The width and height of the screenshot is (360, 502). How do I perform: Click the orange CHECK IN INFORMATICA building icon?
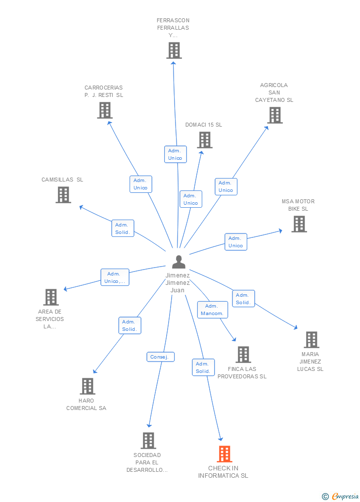pyautogui.click(x=225, y=454)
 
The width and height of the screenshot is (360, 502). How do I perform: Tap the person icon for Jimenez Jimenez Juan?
pyautogui.click(x=179, y=262)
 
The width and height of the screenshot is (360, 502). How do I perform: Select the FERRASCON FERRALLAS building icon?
pyautogui.click(x=174, y=50)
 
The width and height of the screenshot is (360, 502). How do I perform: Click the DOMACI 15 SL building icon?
pyautogui.click(x=205, y=140)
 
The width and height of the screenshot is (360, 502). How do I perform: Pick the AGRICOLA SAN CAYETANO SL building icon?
pyautogui.click(x=274, y=115)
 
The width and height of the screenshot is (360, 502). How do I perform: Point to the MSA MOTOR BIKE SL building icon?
pyautogui.click(x=299, y=224)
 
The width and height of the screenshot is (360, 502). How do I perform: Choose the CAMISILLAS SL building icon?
pyautogui.click(x=63, y=195)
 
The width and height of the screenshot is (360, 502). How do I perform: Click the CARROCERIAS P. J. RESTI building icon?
pyautogui.click(x=104, y=110)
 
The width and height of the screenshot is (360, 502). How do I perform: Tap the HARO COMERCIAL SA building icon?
pyautogui.click(x=87, y=386)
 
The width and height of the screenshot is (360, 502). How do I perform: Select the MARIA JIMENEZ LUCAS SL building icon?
pyautogui.click(x=311, y=340)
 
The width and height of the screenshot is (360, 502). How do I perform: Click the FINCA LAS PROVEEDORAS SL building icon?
pyautogui.click(x=243, y=355)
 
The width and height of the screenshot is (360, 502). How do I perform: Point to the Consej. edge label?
pyautogui.click(x=160, y=357)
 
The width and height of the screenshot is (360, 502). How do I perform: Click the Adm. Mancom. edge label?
pyautogui.click(x=212, y=310)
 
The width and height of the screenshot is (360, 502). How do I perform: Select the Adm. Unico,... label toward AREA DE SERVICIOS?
pyautogui.click(x=115, y=277)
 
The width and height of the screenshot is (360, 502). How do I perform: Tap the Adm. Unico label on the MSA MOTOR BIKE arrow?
pyautogui.click(x=236, y=242)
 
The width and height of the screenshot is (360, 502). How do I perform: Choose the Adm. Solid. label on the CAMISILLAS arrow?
pyautogui.click(x=123, y=228)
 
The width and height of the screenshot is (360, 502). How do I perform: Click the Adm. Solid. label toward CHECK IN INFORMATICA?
pyautogui.click(x=203, y=367)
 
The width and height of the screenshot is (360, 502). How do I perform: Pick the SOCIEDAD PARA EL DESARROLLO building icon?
pyautogui.click(x=148, y=441)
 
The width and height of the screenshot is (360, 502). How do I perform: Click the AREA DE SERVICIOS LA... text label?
pyautogui.click(x=49, y=319)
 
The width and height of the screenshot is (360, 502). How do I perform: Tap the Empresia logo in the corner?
pyautogui.click(x=341, y=496)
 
